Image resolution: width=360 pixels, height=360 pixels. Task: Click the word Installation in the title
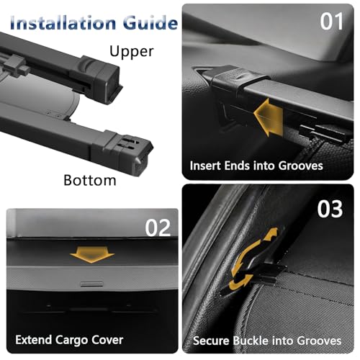tap(63, 23)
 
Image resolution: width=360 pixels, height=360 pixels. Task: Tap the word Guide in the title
tap(150, 23)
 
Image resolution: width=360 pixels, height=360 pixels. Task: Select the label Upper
tap(132, 51)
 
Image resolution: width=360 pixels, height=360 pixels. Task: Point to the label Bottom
tap(90, 180)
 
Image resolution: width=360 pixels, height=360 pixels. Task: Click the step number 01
tap(331, 22)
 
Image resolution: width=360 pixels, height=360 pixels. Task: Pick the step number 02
tap(158, 228)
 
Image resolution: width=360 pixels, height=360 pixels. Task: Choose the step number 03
tap(330, 209)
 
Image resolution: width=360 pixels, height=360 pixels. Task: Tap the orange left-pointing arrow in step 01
tap(269, 117)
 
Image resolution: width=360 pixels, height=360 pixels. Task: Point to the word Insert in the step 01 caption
tap(205, 166)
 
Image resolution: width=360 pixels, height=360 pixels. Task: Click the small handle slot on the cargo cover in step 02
tap(91, 284)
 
